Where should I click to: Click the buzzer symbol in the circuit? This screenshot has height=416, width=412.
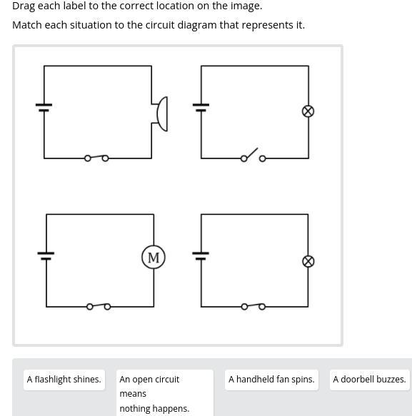click(x=162, y=114)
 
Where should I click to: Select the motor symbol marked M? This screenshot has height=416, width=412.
click(x=154, y=257)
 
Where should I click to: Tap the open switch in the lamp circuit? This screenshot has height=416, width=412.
click(x=253, y=156)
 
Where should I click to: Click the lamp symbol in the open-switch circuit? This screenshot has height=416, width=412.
click(x=308, y=111)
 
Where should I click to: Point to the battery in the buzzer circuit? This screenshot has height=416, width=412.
click(x=44, y=108)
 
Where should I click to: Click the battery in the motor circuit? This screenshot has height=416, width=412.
click(x=46, y=255)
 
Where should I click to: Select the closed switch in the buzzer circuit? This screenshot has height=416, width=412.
click(x=96, y=158)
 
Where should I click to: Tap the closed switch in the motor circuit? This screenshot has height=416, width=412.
click(x=99, y=306)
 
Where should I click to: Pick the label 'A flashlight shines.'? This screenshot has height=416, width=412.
click(x=64, y=380)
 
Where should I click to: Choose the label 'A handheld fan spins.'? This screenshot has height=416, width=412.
click(x=271, y=380)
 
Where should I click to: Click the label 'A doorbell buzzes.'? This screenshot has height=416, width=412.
click(x=370, y=380)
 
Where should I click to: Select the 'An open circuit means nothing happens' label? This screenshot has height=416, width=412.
click(x=165, y=393)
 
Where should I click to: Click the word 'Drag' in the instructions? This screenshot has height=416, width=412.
click(x=24, y=6)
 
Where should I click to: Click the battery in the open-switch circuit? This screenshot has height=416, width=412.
click(x=201, y=108)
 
